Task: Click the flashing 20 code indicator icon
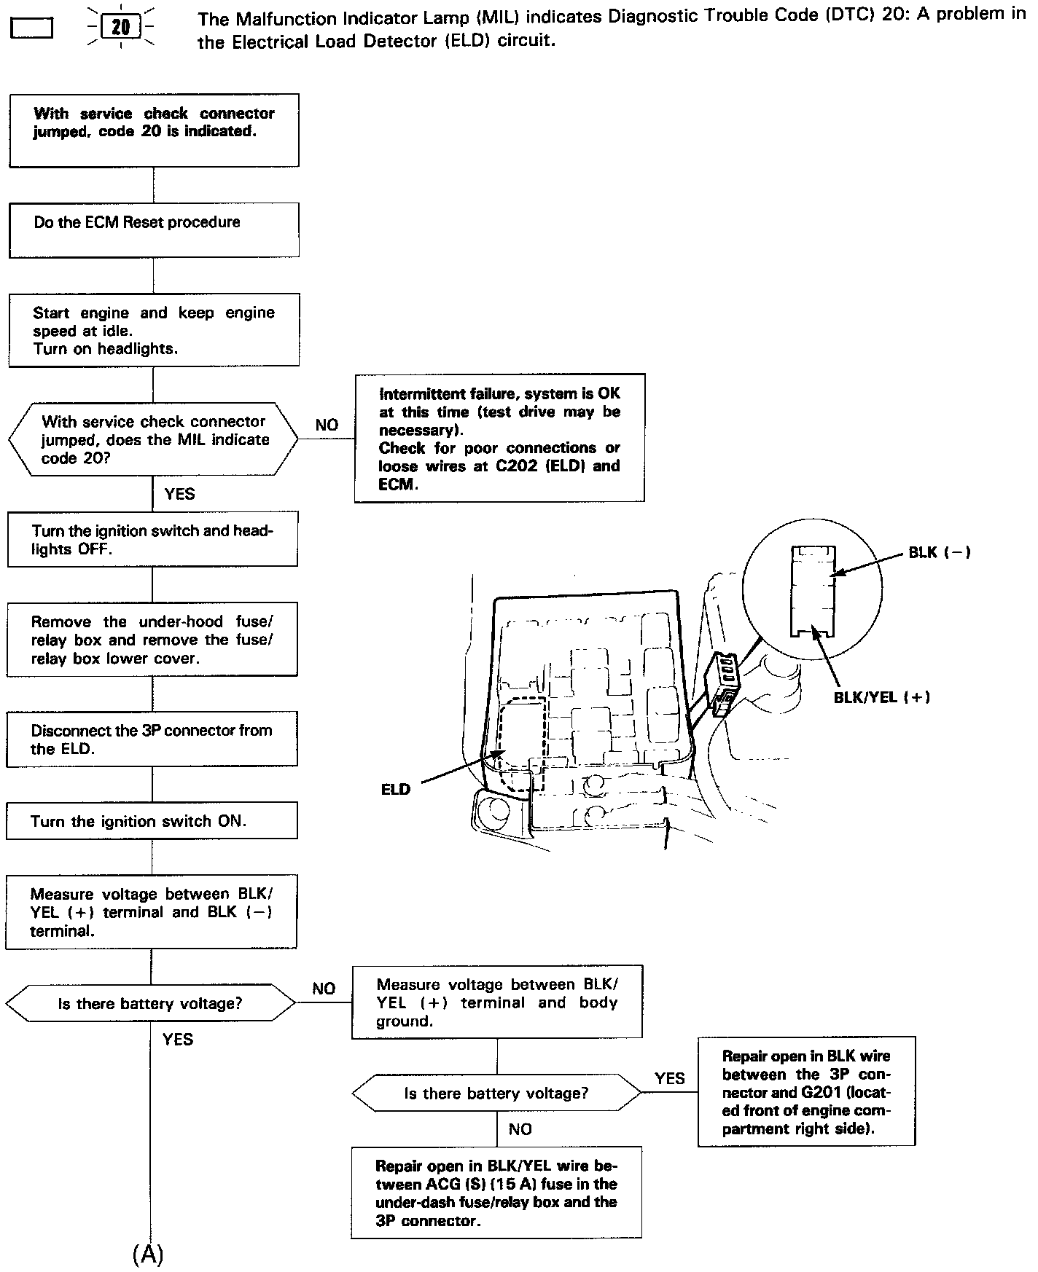120,28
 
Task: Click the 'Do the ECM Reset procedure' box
154,229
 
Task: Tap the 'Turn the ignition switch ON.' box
152,821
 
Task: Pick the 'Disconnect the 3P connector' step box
152,739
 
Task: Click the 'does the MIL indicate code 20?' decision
154,439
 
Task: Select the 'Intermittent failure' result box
499,438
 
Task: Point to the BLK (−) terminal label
939,553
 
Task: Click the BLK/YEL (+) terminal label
881,697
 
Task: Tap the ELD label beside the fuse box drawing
396,790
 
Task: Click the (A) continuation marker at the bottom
148,1254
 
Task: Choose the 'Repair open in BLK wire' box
806,1092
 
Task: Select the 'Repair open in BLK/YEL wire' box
496,1193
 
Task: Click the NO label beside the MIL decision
327,425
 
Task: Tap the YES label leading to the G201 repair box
669,1078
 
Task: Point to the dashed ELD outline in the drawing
523,743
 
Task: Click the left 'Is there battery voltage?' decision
150,1004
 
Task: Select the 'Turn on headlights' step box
154,330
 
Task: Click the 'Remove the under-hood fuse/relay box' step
152,640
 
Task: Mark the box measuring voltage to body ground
497,1002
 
